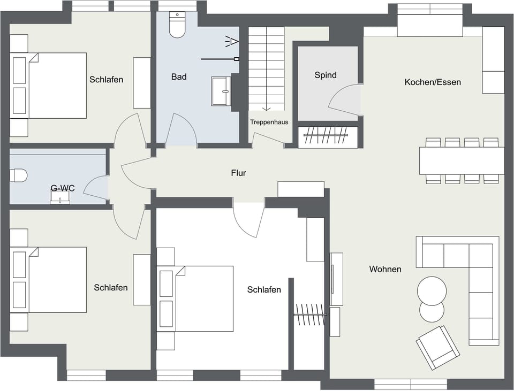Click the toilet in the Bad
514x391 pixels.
tap(177, 25)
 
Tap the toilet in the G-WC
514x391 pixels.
tap(19, 175)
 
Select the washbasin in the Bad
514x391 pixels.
tap(221, 91)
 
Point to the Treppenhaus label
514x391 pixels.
tap(269, 122)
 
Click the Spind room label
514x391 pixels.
tap(326, 75)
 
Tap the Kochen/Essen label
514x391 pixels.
tap(433, 82)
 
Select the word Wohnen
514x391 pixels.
tap(385, 269)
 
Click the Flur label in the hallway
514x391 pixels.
tap(238, 173)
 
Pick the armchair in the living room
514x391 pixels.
tap(438, 347)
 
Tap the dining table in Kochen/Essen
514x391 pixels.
tap(462, 160)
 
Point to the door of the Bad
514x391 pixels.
tap(179, 129)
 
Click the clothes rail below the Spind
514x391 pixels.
tap(327, 137)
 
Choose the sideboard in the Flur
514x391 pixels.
tap(300, 189)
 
